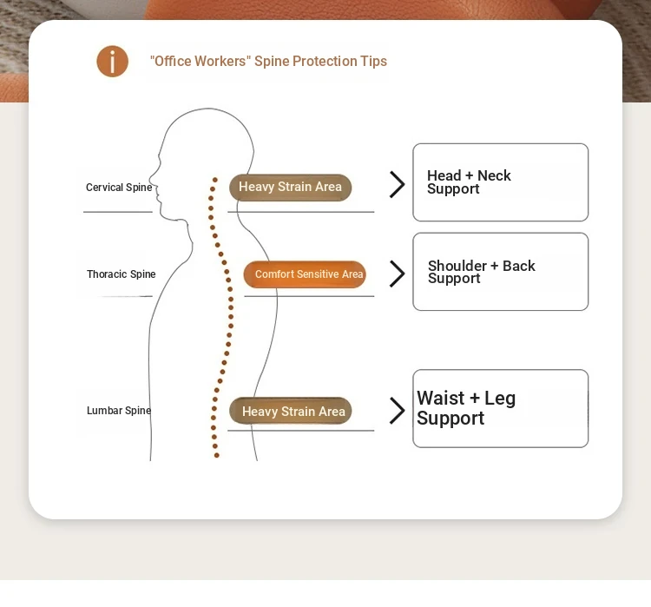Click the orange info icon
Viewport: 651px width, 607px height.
113,61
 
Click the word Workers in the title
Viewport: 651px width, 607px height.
220,61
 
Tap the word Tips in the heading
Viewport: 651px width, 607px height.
373,62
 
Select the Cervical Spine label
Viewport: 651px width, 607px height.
119,188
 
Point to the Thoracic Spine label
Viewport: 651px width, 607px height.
122,274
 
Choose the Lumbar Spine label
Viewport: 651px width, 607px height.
119,411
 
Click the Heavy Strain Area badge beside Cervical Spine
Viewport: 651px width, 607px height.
290,188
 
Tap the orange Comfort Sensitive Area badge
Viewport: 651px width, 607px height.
305,274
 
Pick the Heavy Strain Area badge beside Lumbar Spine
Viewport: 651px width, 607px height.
290,411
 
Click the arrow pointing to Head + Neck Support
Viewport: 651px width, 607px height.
398,184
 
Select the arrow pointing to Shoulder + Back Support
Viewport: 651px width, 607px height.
398,274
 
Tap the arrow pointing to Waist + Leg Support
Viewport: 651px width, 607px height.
398,411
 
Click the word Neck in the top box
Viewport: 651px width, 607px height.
494,175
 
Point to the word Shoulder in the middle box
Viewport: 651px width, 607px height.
457,266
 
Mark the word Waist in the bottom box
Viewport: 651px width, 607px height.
440,398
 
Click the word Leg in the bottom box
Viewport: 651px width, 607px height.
500,399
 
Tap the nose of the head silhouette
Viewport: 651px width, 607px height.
151,179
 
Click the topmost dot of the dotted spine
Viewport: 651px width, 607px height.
215,180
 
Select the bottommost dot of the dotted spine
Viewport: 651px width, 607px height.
216,455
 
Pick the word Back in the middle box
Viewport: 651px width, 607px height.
519,266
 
